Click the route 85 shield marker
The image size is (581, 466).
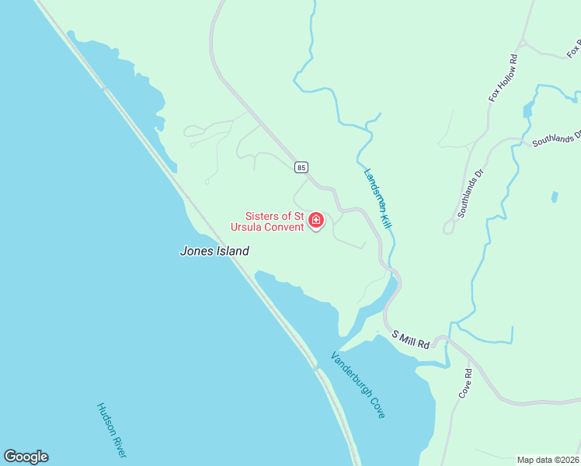(301, 167)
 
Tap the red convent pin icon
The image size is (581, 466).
(315, 221)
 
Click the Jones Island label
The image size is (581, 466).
(214, 251)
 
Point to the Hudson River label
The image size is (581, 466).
(111, 429)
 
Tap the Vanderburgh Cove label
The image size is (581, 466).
(358, 385)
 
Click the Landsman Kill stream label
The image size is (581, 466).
(377, 198)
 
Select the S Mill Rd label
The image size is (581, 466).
(411, 339)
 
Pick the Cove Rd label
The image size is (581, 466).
(465, 384)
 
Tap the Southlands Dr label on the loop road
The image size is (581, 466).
(470, 193)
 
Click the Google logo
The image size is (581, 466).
(26, 457)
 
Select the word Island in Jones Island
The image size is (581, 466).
(232, 251)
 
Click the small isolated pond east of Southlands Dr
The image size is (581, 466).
(554, 197)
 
